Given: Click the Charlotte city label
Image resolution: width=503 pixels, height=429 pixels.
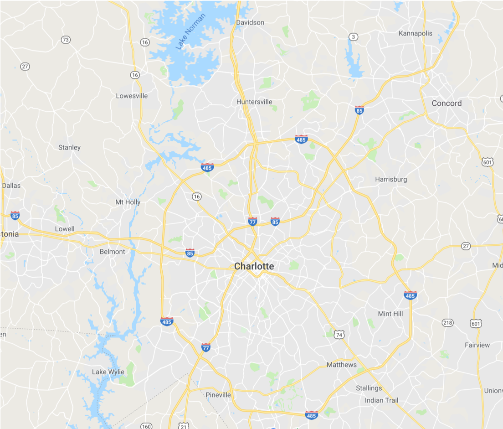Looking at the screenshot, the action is coord(254,266).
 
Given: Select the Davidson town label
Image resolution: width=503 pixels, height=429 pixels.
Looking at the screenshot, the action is coord(250,22).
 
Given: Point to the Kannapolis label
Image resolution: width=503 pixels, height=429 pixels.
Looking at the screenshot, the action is coord(416,33).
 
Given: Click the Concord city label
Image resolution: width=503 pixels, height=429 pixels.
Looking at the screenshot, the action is coord(447,103).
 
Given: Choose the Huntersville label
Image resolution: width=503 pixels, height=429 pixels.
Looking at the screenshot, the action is coord(254,102).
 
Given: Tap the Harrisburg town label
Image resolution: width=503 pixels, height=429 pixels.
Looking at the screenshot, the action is coord(391,179).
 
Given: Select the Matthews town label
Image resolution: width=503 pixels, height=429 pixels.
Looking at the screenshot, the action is coord(342,365).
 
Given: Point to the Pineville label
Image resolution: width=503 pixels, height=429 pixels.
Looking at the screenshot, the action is coord(218,395).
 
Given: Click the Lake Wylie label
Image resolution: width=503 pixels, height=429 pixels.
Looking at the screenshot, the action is coord(108,372).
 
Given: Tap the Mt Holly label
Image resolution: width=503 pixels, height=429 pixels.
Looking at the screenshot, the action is coord(128,202).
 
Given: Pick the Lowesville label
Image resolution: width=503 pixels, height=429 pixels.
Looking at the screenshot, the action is coord(132,96).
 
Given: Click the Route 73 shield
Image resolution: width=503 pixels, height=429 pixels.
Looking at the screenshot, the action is coord(66,40).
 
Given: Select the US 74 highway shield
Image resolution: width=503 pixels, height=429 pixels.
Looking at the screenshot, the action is coord(339,335).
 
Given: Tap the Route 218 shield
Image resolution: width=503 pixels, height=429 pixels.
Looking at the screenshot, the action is coord(447,323).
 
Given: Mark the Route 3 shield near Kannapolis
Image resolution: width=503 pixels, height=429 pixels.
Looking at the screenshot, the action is coord(353,36).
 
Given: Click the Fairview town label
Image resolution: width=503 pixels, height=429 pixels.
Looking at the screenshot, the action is coord(477,345).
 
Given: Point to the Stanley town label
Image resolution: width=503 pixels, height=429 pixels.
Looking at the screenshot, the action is coord(69,147).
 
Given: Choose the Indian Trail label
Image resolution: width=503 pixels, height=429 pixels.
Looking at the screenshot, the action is coord(381,400).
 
